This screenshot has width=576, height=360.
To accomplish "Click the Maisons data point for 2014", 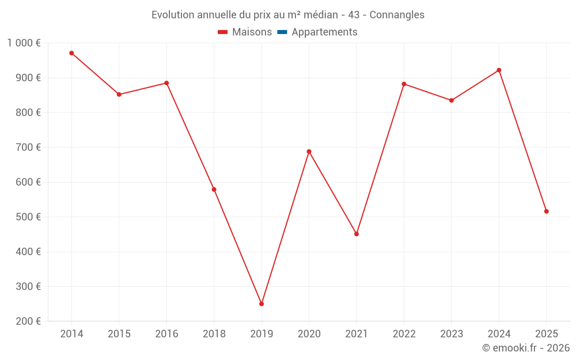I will [x=71, y=53].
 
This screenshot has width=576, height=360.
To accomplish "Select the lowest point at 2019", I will [x=262, y=304].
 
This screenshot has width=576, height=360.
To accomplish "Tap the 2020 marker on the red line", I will [x=309, y=151].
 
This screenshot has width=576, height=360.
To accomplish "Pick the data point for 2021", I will [x=357, y=234].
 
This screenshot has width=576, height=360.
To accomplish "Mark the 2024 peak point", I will [x=499, y=70].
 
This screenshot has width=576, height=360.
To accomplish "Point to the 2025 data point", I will [x=546, y=211].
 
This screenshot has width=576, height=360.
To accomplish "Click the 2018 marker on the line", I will [x=214, y=190].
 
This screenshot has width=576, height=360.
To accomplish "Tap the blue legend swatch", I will [x=282, y=32].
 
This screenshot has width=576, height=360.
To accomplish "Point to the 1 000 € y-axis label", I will [x=24, y=43].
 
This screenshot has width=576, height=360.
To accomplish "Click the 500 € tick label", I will [x=29, y=217].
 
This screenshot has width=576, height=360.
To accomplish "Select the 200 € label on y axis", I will [x=29, y=321].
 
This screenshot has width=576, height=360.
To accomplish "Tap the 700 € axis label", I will [x=29, y=147].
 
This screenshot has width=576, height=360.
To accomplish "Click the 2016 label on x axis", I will [x=166, y=334].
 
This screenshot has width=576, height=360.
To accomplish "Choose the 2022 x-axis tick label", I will [x=404, y=334].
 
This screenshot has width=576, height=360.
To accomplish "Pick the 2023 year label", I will [x=451, y=334].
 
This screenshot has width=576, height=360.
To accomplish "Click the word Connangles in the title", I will [x=397, y=15].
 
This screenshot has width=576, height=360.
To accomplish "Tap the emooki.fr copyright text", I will [x=526, y=348].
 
